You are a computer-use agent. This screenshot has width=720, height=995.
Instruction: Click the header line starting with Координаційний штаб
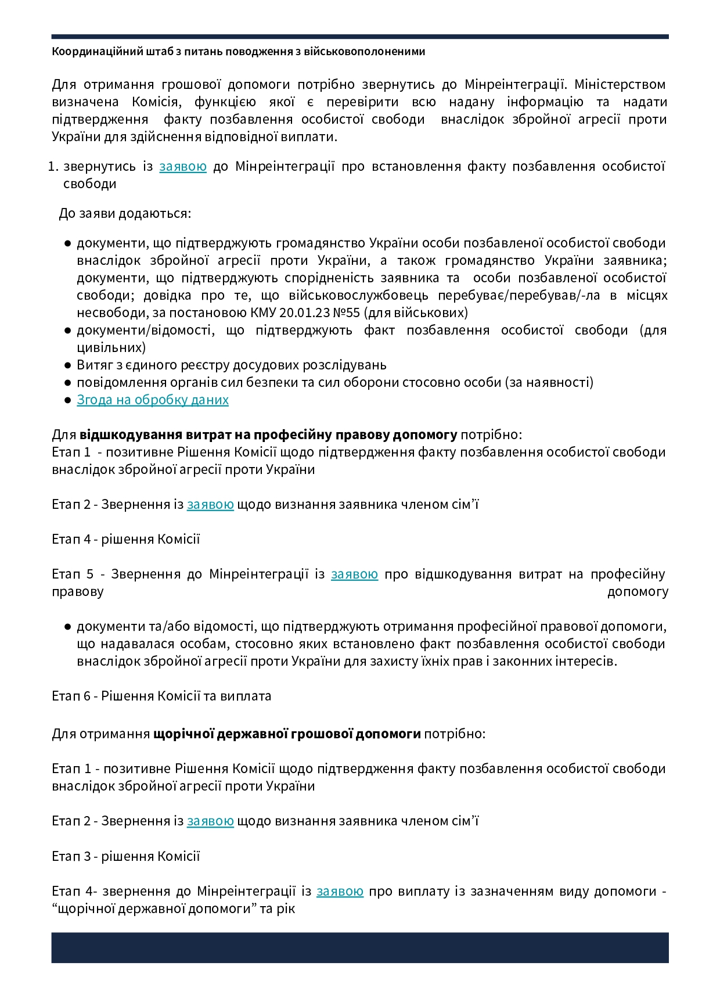tap(238, 52)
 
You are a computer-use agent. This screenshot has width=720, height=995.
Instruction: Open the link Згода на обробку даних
tap(153, 400)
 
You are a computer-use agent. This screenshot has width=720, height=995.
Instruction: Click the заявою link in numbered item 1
tap(183, 167)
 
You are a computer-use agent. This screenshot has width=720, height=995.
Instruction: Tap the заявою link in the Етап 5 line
tap(354, 574)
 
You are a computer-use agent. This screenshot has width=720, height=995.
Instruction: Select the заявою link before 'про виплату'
tap(340, 891)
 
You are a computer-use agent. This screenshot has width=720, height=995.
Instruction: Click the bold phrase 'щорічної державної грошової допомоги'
tap(287, 734)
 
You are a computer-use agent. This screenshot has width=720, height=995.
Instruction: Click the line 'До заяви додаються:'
tap(125, 213)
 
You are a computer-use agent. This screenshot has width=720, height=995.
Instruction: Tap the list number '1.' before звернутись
tap(53, 167)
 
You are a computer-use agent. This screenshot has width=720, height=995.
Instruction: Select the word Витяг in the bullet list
tap(93, 365)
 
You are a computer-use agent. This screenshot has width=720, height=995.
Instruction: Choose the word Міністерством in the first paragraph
tap(620, 84)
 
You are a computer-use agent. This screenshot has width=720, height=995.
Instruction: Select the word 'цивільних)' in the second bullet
tap(111, 347)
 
